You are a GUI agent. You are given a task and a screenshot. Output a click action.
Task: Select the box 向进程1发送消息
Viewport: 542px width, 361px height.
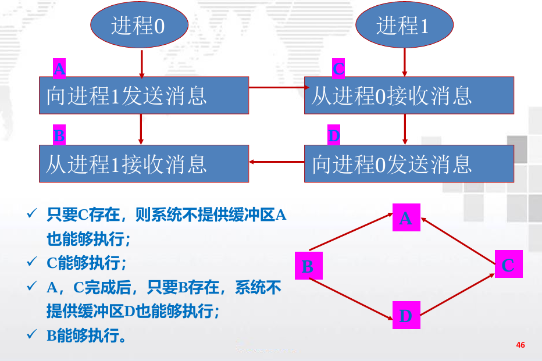coord(144,95)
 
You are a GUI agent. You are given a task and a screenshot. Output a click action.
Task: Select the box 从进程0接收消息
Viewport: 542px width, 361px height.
coord(409,95)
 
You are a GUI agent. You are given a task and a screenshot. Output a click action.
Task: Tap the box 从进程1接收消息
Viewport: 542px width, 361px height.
coord(144,163)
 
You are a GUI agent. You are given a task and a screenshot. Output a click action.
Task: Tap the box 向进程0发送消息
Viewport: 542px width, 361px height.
coord(409,163)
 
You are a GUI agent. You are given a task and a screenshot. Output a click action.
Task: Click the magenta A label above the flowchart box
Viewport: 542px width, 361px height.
coord(59,69)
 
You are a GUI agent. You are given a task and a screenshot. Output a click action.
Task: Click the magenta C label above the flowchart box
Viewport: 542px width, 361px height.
coord(338,69)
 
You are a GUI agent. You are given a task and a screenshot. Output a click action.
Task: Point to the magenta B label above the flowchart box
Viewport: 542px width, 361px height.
coord(59,135)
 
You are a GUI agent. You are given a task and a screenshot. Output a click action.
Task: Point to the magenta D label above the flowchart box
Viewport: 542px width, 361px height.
coord(333,135)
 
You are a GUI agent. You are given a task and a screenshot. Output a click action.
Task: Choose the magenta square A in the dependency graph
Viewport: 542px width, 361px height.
coord(406,217)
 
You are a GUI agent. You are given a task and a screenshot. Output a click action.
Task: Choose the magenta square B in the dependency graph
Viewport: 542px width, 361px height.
coord(308,266)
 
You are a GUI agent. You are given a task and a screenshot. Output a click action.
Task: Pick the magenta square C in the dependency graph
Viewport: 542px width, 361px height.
coord(508,265)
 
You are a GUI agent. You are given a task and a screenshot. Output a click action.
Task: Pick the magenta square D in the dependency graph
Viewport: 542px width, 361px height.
coord(406,316)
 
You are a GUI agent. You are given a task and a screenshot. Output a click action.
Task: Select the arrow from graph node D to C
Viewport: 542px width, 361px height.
coord(458,296)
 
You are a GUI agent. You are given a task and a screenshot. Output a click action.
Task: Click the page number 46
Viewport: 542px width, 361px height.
coord(520,345)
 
